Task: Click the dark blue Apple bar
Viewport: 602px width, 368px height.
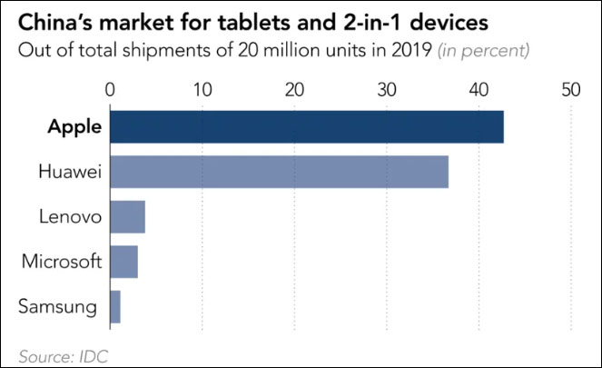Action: (x=307, y=126)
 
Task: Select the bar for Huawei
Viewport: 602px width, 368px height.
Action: (x=279, y=172)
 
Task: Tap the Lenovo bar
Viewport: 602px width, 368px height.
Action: (x=127, y=217)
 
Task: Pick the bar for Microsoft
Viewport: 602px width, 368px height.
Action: (x=123, y=262)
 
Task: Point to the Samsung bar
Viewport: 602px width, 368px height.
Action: (x=114, y=307)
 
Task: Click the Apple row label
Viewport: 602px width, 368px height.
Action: (x=74, y=126)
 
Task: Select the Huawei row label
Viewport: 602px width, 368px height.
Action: (x=68, y=172)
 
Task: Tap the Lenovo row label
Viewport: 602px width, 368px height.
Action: (x=68, y=217)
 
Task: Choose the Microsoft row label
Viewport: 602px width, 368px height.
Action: (x=60, y=262)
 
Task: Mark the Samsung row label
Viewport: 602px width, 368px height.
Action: (x=57, y=307)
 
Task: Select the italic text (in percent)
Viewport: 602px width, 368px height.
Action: (x=484, y=50)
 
